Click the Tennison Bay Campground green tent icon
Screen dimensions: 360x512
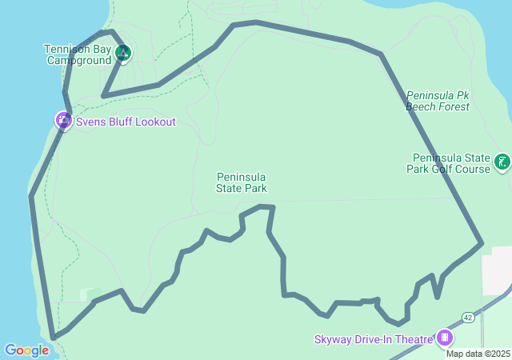point(122,54)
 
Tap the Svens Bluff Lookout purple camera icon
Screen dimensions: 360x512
point(63,121)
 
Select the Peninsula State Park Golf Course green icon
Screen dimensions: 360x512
point(502,162)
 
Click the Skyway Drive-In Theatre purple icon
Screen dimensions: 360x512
point(445,339)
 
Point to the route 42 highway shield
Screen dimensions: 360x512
point(469,317)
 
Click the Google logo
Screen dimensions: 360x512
point(26,350)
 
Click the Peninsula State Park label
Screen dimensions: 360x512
point(241,182)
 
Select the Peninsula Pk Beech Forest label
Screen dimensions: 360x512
point(437,100)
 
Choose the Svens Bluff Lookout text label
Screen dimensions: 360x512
point(125,122)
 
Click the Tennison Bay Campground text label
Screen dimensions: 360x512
point(78,54)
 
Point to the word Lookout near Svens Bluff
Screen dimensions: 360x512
point(154,122)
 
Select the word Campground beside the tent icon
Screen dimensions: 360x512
point(78,60)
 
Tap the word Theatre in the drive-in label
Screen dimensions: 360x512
point(414,340)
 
